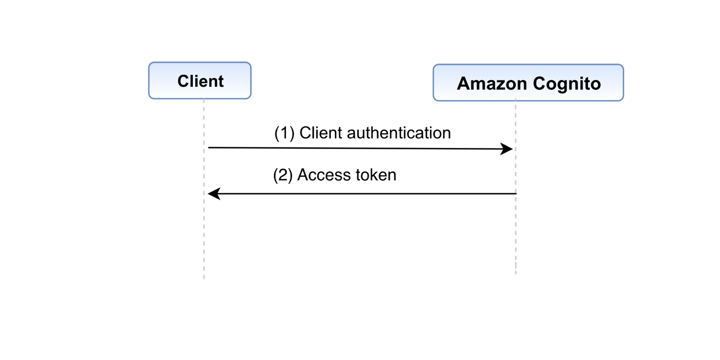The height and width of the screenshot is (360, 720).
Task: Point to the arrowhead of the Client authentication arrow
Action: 508,149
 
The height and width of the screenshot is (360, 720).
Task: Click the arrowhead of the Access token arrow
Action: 213,193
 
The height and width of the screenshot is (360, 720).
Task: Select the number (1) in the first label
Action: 284,133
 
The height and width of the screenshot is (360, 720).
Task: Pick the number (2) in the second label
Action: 282,175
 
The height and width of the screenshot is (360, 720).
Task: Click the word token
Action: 374,175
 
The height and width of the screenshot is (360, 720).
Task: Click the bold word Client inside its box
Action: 200,81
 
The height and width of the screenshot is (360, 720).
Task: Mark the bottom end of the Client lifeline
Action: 204,277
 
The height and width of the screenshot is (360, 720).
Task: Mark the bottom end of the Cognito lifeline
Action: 516,273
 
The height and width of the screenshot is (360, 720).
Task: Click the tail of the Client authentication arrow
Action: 209,148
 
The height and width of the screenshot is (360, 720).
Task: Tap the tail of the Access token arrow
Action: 515,193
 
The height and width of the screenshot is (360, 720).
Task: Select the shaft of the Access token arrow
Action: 363,193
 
